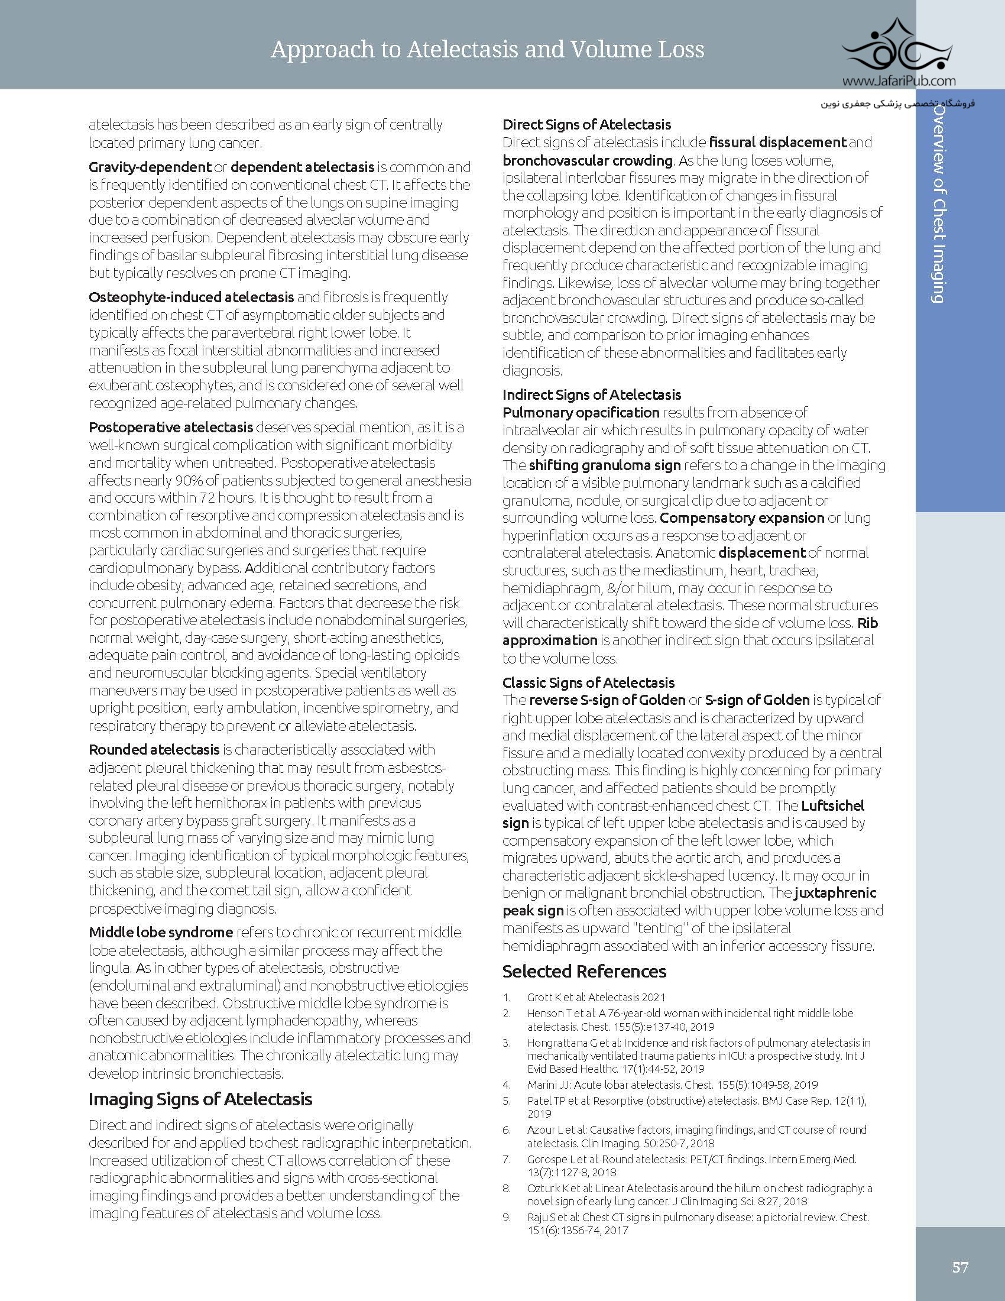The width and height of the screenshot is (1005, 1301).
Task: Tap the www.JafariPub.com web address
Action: [x=899, y=81]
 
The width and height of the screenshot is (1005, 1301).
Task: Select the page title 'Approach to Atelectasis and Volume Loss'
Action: [x=487, y=50]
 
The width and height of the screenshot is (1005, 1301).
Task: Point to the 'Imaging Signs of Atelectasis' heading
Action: [x=200, y=1099]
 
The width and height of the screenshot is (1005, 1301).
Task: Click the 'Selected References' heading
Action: [x=584, y=971]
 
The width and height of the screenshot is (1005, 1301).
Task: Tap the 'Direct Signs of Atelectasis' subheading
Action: [x=586, y=125]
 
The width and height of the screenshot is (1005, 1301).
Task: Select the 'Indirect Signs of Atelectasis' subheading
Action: [x=591, y=394]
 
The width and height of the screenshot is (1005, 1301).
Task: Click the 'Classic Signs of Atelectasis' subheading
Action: [x=588, y=682]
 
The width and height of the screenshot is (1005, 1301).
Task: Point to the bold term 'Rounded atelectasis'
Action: [x=154, y=749]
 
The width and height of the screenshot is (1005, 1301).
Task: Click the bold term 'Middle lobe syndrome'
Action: [x=160, y=932]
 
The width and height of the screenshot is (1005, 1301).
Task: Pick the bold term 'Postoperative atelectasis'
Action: [x=170, y=427]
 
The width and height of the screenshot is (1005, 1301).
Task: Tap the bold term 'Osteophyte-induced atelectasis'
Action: [x=191, y=297]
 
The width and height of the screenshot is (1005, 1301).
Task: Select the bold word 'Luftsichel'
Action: [x=832, y=805]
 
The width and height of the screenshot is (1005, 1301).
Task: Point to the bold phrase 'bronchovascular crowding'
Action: [x=587, y=160]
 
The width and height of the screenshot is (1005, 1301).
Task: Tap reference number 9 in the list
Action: [x=507, y=1218]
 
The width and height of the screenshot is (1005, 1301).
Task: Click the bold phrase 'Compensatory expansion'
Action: [x=741, y=517]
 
